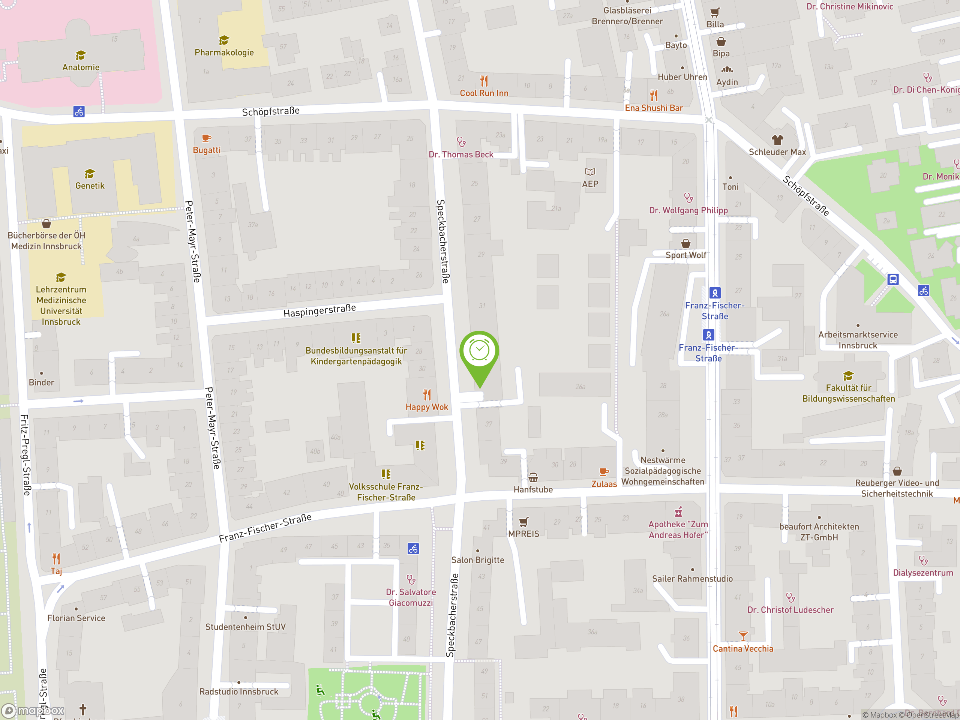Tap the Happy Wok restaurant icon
tap(427, 394)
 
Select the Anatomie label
tap(81, 67)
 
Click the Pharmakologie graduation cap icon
tap(224, 40)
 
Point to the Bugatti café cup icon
tap(207, 138)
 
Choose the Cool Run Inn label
tap(484, 93)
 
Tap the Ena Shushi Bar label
tap(654, 108)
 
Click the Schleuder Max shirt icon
tap(777, 140)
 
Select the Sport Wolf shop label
tap(686, 255)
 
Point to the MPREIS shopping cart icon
tap(524, 522)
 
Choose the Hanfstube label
tap(533, 489)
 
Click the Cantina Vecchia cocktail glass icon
tap(743, 636)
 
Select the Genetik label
tap(90, 186)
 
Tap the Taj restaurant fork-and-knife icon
tap(56, 558)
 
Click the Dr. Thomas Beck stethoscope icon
tap(461, 142)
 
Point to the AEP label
tap(590, 184)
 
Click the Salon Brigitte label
tap(477, 560)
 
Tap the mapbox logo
tap(33, 711)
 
